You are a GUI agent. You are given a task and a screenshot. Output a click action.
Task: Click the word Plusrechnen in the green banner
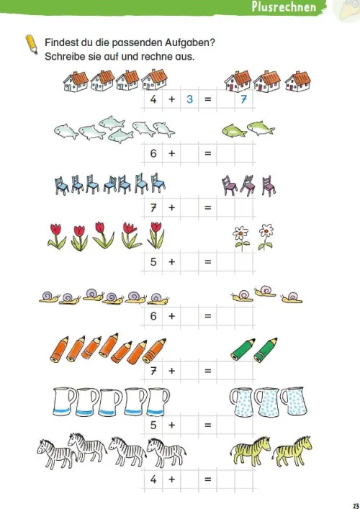click(284, 6)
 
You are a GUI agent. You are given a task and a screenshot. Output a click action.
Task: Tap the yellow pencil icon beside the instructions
click(32, 44)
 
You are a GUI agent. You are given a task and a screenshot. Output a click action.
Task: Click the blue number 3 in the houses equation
click(189, 99)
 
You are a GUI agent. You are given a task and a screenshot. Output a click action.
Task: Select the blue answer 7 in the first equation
click(243, 99)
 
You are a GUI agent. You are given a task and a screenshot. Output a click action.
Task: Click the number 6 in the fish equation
click(153, 153)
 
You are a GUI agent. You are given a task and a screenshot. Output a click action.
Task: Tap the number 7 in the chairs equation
click(153, 207)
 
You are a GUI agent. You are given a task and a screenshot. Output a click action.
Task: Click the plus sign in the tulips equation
click(172, 261)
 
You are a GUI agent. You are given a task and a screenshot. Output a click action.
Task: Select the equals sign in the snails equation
click(208, 316)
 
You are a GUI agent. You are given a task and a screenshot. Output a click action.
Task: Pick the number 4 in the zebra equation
click(153, 479)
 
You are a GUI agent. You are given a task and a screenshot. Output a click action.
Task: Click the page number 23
click(355, 505)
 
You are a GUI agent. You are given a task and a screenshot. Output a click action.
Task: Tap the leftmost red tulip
click(56, 236)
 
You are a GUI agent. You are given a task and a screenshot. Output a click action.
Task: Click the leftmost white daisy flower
click(241, 238)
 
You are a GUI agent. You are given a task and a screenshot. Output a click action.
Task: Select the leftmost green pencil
click(243, 350)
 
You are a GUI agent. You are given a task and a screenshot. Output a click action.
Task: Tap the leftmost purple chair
click(230, 185)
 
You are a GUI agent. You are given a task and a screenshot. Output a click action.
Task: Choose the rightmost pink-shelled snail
click(292, 297)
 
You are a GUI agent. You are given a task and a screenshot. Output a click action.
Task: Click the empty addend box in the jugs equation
click(189, 425)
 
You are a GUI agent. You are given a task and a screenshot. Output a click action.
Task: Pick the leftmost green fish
click(235, 130)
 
